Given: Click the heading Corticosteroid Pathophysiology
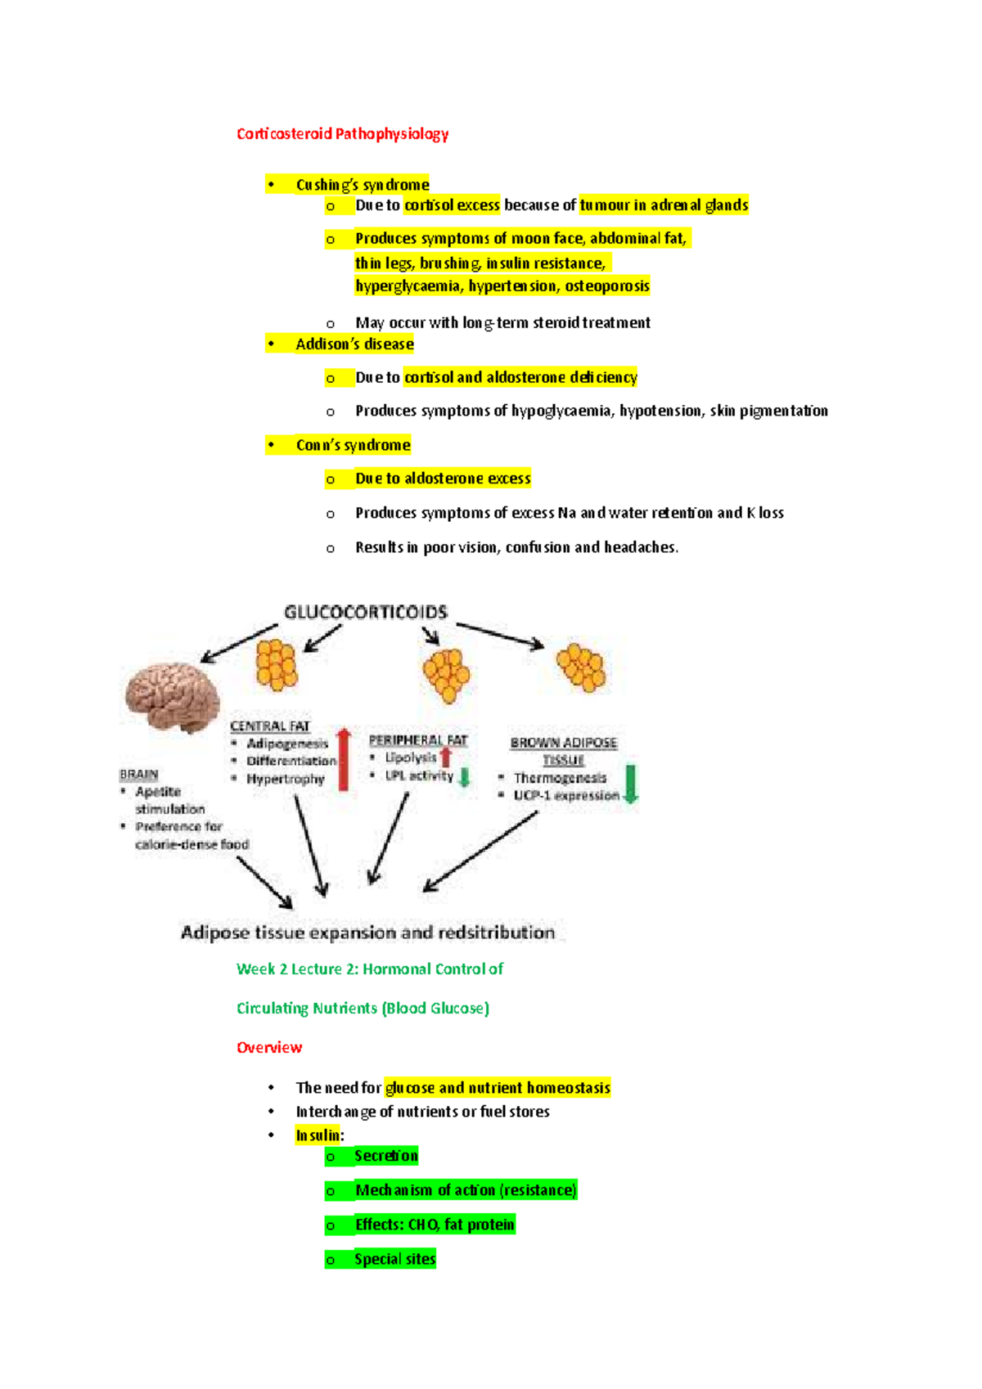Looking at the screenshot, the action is pyautogui.click(x=342, y=133).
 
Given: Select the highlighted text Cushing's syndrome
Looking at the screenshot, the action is pyautogui.click(x=362, y=185).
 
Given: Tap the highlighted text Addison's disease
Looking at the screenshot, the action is pyautogui.click(x=354, y=344).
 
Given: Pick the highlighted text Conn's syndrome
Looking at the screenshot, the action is pyautogui.click(x=353, y=445).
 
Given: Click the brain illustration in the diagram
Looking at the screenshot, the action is pyautogui.click(x=172, y=697).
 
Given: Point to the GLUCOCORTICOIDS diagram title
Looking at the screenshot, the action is pyautogui.click(x=366, y=612).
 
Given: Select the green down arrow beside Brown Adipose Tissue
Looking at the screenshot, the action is pyautogui.click(x=630, y=783).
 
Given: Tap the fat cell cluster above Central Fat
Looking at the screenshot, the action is pyautogui.click(x=277, y=663).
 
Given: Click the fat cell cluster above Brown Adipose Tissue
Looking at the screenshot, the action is pyautogui.click(x=581, y=667).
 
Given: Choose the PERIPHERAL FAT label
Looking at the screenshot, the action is pyautogui.click(x=417, y=740).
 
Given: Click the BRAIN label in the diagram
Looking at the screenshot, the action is pyautogui.click(x=139, y=774).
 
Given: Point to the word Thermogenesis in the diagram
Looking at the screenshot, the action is pyautogui.click(x=560, y=778).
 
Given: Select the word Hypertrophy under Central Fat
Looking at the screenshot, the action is pyautogui.click(x=286, y=779).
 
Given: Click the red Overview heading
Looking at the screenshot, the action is pyautogui.click(x=269, y=1048).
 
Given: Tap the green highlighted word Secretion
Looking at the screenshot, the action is pyautogui.click(x=385, y=1156).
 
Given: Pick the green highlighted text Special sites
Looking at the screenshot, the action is pyautogui.click(x=394, y=1259).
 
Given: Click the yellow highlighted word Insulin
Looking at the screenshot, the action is pyautogui.click(x=318, y=1135).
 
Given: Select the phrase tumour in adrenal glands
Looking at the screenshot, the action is pyautogui.click(x=664, y=205).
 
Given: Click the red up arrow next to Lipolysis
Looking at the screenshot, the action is pyautogui.click(x=446, y=757).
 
